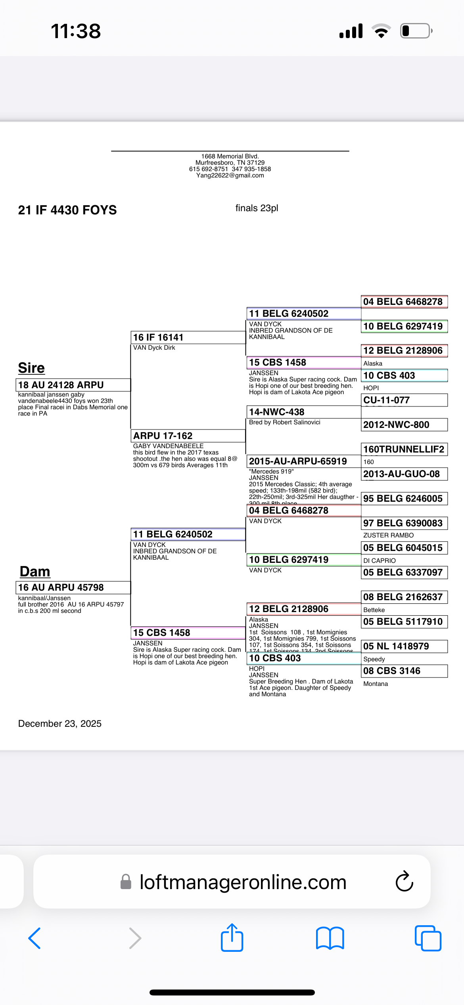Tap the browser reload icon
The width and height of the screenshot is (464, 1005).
coord(404,882)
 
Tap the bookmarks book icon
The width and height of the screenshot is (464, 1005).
coord(330,938)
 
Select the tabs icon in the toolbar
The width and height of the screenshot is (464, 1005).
coord(428,938)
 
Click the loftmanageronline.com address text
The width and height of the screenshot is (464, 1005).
coord(243,882)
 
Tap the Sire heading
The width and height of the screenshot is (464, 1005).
coord(31,368)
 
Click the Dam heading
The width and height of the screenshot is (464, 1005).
coord(35,572)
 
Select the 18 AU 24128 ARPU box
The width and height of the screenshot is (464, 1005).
coord(73,385)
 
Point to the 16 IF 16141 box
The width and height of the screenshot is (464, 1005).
coord(188,337)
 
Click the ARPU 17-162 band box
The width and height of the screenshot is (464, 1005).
coord(188,436)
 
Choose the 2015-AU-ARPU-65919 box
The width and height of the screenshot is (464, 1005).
coord(303,461)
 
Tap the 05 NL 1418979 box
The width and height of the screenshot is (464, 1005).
coord(404,646)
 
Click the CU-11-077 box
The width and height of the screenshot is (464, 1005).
coord(404,400)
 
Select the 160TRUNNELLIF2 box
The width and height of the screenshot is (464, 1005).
coord(404,449)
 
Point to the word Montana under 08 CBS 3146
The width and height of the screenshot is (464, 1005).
coord(376,684)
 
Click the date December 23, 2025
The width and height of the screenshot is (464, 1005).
coord(60,724)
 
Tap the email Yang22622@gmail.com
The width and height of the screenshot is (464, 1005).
coord(230,175)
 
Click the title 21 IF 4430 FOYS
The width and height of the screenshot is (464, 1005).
coord(67,210)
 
